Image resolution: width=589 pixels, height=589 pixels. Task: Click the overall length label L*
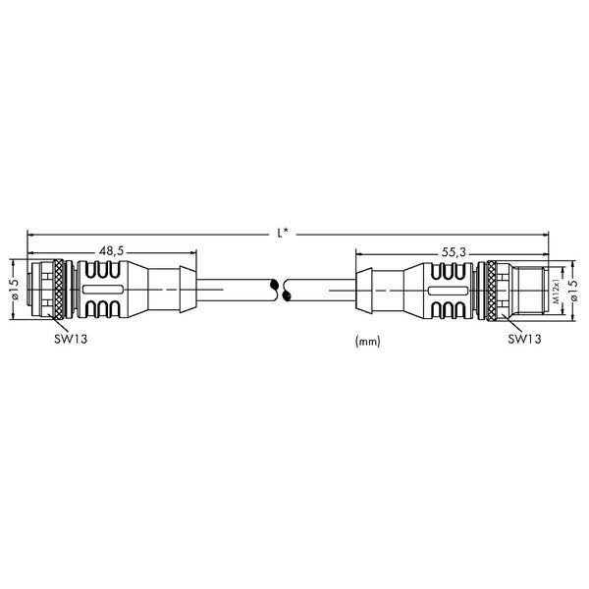tap(283, 234)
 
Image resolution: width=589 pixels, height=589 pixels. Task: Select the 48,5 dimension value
tap(112, 250)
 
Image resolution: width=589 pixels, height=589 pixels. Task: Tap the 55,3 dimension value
tap(454, 252)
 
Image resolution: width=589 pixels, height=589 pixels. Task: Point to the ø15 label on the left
tap(15, 290)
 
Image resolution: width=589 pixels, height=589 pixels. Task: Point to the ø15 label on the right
tap(573, 290)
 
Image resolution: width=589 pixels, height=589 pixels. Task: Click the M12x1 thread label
tap(557, 291)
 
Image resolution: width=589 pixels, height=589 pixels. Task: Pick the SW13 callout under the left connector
tap(71, 339)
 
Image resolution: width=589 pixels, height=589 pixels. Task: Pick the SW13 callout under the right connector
tap(525, 339)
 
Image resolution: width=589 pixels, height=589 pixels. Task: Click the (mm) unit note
tap(368, 341)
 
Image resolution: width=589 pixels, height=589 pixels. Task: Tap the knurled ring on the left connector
tap(59, 290)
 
